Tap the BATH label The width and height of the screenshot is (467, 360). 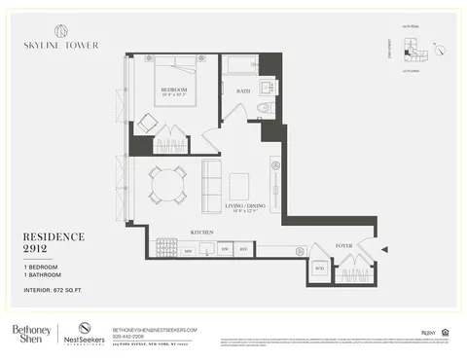point(243,90)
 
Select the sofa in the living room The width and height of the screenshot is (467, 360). point(210,186)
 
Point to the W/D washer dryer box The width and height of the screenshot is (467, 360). point(319,269)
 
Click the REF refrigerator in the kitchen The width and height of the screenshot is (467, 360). point(244,250)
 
